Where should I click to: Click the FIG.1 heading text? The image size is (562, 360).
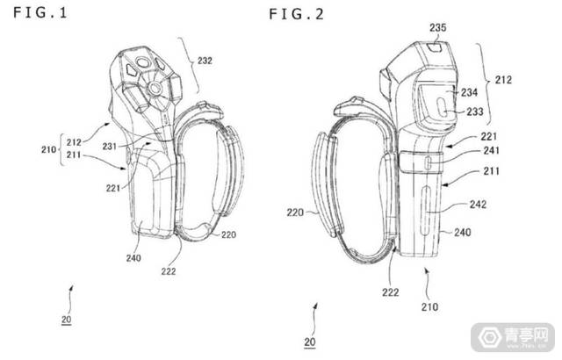pos(40,13)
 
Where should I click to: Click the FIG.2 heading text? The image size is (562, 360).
pos(297,14)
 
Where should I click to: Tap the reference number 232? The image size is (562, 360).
pos(205,61)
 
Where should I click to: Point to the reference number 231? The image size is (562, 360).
pos(110,146)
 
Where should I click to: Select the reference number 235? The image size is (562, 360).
pos(438,27)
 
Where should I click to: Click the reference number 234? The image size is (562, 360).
pos(469,93)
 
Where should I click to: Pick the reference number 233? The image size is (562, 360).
pos(475,112)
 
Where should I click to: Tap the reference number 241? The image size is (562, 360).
pos(492,150)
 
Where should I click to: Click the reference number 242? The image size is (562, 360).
pos(478,205)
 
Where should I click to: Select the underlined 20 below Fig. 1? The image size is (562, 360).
pos(67,319)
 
